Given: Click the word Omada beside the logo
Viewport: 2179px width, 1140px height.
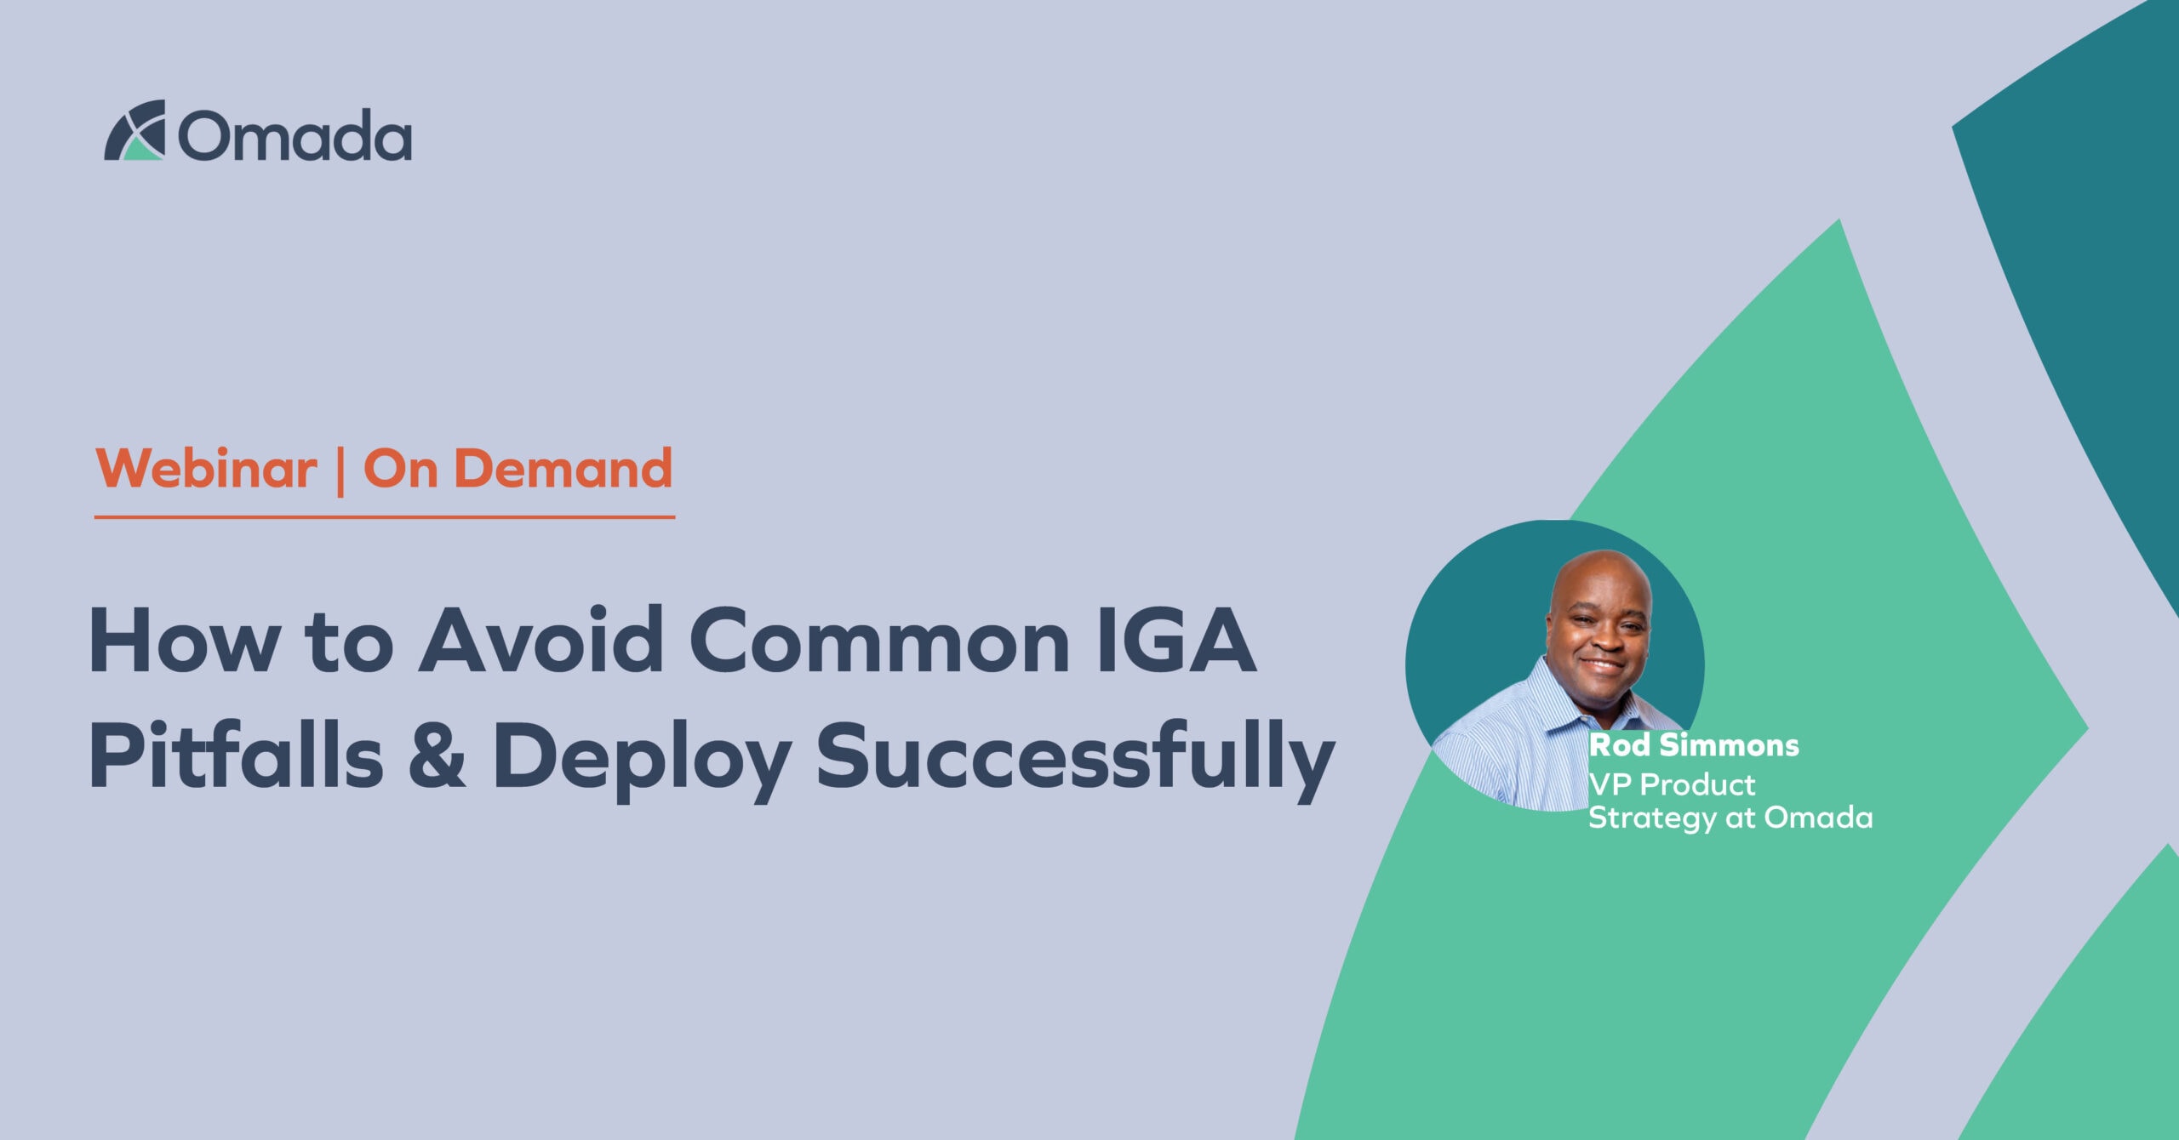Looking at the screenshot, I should (295, 136).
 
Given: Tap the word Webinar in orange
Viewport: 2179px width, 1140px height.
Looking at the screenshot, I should (206, 469).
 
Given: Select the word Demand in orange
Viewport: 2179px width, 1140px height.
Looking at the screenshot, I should (563, 469).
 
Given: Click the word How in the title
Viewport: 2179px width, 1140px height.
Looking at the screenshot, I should (184, 641).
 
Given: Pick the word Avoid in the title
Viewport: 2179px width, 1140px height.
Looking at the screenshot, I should (540, 641).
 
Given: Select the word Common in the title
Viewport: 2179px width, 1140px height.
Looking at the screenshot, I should (878, 641).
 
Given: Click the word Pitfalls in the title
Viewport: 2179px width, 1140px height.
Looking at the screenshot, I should (236, 755).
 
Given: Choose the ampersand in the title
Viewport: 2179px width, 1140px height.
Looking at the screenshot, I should (437, 755).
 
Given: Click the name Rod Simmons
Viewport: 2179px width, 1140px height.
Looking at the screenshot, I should (1694, 745).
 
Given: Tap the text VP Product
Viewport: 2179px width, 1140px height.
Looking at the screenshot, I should (1672, 784).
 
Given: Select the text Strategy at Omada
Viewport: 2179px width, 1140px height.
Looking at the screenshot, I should (1730, 818).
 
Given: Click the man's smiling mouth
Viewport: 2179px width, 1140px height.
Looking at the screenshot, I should (1602, 664).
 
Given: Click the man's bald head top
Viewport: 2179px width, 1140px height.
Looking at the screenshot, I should (1600, 567).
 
